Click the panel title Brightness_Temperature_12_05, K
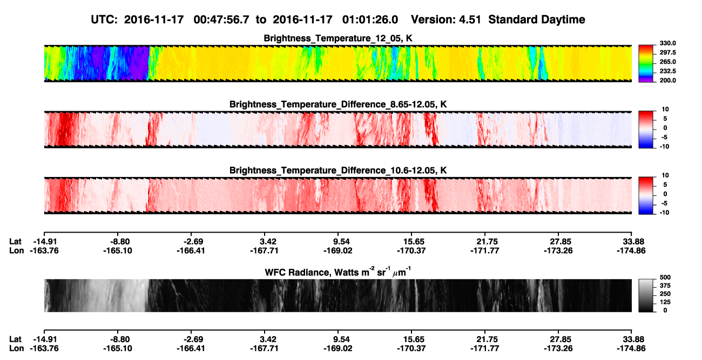pyautogui.click(x=338, y=38)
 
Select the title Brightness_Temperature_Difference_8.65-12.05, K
pyautogui.click(x=338, y=104)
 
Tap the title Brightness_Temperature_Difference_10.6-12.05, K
pyautogui.click(x=338, y=171)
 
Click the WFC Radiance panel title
pyautogui.click(x=338, y=271)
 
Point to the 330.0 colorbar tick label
pyautogui.click(x=667, y=43)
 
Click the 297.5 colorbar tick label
pyautogui.click(x=667, y=52)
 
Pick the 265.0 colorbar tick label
pyautogui.click(x=667, y=62)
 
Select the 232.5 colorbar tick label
pyautogui.click(x=667, y=71)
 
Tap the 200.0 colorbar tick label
pyautogui.click(x=667, y=80)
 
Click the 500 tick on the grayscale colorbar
pyautogui.click(x=665, y=277)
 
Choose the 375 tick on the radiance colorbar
pyautogui.click(x=665, y=286)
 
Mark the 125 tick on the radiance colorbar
pyautogui.click(x=665, y=302)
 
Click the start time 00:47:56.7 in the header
pyautogui.click(x=221, y=20)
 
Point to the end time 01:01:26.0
pyautogui.click(x=370, y=20)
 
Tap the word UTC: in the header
pyautogui.click(x=104, y=20)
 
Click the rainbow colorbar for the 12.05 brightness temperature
pyautogui.click(x=646, y=64)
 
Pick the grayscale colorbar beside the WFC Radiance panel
pyautogui.click(x=646, y=295)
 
